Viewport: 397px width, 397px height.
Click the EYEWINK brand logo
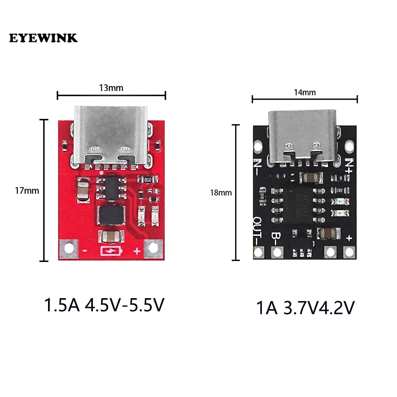(x=43, y=38)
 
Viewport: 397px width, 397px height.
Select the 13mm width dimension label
(x=111, y=88)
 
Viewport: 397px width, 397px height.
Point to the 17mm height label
(x=27, y=190)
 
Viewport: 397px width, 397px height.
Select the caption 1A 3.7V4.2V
(x=304, y=308)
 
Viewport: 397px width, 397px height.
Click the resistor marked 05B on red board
(x=148, y=179)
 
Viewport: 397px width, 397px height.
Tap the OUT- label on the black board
(x=257, y=231)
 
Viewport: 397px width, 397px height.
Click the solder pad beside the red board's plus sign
(x=152, y=249)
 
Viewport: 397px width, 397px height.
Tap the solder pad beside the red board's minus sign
(x=69, y=249)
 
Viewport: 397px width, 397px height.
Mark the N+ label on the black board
(x=349, y=164)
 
